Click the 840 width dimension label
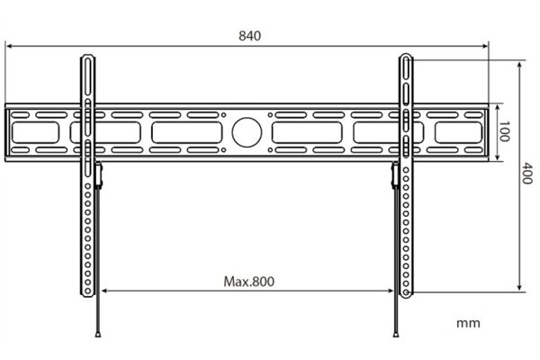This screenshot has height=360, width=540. (x=249, y=36)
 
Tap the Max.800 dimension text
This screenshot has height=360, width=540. (x=249, y=282)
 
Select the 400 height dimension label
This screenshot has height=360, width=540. (x=527, y=174)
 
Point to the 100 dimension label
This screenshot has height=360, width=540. (x=505, y=131)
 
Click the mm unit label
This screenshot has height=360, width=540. (x=468, y=323)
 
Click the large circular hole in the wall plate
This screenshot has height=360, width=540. (x=247, y=132)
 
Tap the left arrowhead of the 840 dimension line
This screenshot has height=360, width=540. (x=10, y=46)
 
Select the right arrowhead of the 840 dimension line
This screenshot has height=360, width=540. (x=485, y=46)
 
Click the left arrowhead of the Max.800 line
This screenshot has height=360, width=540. (x=105, y=291)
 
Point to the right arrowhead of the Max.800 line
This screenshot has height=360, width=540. (x=390, y=291)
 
